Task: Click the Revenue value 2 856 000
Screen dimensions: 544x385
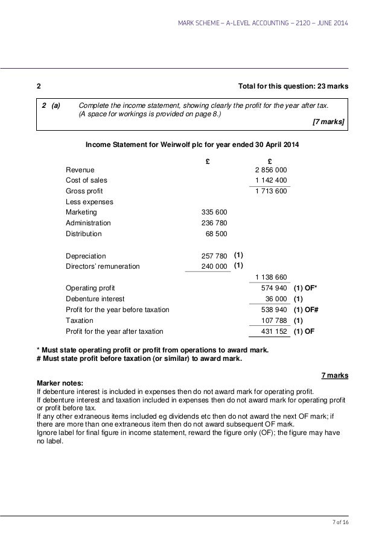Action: click(x=270, y=170)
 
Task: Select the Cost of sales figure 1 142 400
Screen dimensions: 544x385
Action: click(x=270, y=180)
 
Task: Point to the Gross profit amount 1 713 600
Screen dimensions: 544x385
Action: click(x=270, y=192)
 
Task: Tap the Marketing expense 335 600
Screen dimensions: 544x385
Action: click(x=214, y=212)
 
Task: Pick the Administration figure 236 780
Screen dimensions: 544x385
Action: click(x=214, y=223)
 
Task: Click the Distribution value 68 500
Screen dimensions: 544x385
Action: click(x=216, y=234)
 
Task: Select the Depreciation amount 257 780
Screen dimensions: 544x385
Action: click(x=214, y=255)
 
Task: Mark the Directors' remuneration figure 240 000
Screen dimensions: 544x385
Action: click(x=214, y=266)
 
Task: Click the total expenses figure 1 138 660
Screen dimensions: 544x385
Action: click(x=270, y=277)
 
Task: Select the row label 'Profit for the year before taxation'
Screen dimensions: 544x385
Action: click(x=117, y=310)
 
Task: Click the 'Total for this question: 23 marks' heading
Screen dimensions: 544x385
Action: click(x=294, y=86)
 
